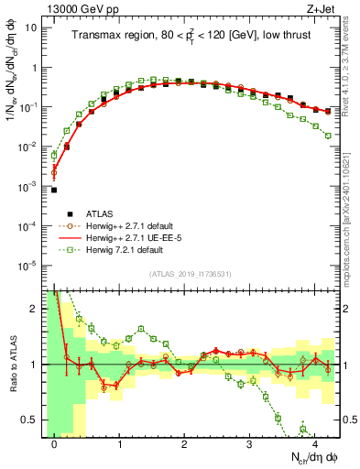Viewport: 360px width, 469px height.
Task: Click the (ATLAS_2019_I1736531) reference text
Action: [190, 274]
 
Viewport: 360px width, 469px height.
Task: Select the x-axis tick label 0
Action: [55, 445]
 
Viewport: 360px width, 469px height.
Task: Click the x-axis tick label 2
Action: [184, 445]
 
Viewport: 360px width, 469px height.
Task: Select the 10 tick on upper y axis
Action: [32, 27]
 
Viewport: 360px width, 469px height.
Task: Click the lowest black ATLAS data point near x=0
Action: [54, 190]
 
